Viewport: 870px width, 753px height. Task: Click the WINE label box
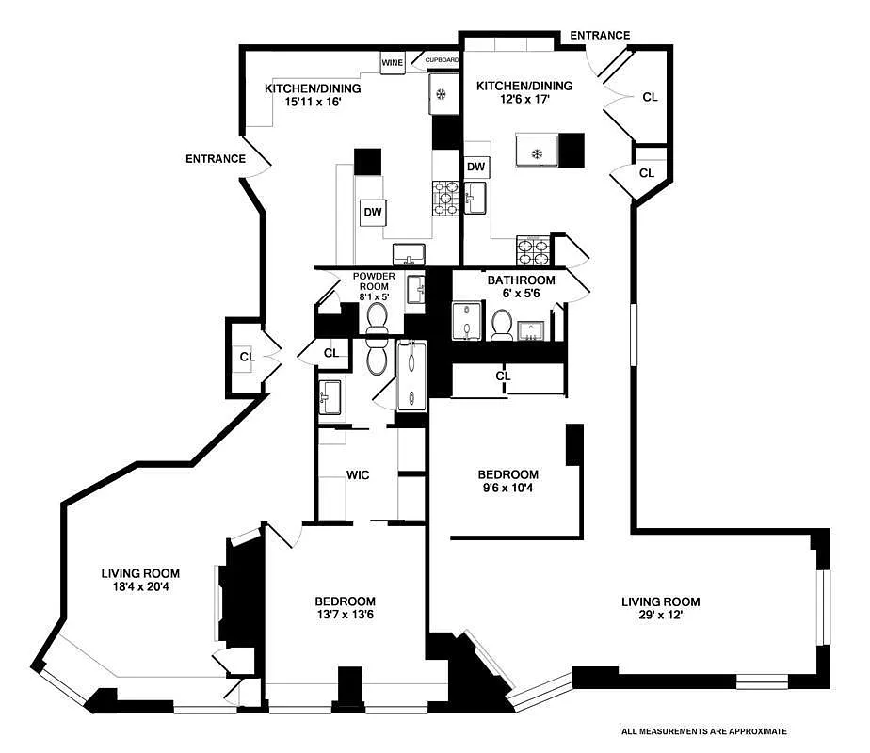(393, 63)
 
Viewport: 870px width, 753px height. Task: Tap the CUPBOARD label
(443, 60)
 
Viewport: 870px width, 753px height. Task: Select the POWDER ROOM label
(374, 281)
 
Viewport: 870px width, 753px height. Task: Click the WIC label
(358, 475)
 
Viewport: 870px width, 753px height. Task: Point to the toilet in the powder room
(378, 321)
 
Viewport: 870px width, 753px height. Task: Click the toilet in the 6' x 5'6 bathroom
(502, 326)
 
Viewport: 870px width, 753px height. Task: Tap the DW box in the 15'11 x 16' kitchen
(373, 212)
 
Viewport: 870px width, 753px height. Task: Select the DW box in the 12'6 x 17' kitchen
(476, 167)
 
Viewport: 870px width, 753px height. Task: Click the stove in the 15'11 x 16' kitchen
(445, 199)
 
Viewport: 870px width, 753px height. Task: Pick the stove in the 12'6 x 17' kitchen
(533, 250)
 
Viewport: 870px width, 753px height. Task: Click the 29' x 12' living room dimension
(660, 615)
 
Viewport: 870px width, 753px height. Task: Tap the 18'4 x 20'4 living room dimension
(140, 586)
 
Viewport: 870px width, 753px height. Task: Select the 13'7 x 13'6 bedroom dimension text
(346, 615)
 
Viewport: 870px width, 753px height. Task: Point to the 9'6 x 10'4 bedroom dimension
(507, 488)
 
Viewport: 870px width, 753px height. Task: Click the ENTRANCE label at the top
(600, 36)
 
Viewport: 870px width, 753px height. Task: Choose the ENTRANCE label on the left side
(216, 159)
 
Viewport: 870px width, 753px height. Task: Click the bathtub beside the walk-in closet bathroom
(411, 376)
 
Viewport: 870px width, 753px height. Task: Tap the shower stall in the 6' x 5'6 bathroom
(468, 321)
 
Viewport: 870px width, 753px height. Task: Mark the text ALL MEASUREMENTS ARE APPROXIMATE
(704, 732)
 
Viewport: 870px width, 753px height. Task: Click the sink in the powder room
(416, 290)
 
